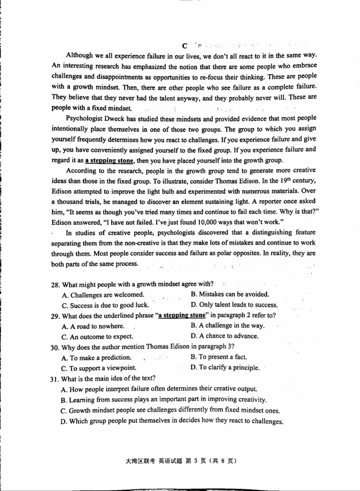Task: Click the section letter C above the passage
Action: [x=184, y=46]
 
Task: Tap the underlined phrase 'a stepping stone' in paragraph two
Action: [x=110, y=161]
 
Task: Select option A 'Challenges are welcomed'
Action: [x=103, y=295]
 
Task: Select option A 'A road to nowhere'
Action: [x=92, y=326]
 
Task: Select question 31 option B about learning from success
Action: [x=164, y=400]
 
